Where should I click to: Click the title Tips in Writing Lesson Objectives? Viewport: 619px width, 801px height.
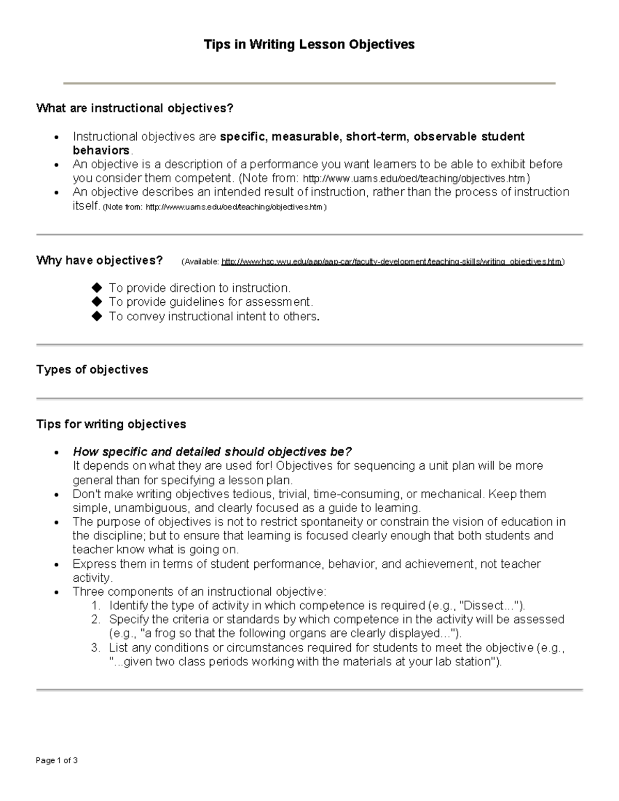(309, 45)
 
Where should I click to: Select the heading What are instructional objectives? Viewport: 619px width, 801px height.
(135, 108)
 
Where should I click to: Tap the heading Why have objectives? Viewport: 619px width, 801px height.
(100, 260)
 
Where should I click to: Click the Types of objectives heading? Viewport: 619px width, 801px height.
(92, 370)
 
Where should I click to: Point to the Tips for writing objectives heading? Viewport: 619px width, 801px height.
(111, 424)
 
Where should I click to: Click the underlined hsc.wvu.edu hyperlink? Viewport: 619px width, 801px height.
(392, 262)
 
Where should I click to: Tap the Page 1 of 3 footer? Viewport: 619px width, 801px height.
(57, 761)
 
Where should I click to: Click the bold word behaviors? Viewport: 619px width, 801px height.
(101, 151)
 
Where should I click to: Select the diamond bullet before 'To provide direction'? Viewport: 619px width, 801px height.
(96, 287)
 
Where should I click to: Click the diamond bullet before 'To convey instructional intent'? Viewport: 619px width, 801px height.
(96, 316)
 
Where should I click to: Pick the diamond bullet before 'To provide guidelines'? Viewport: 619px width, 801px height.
(96, 301)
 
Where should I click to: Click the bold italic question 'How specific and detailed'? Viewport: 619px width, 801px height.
(212, 452)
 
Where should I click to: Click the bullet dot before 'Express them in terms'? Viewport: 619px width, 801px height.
(57, 565)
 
